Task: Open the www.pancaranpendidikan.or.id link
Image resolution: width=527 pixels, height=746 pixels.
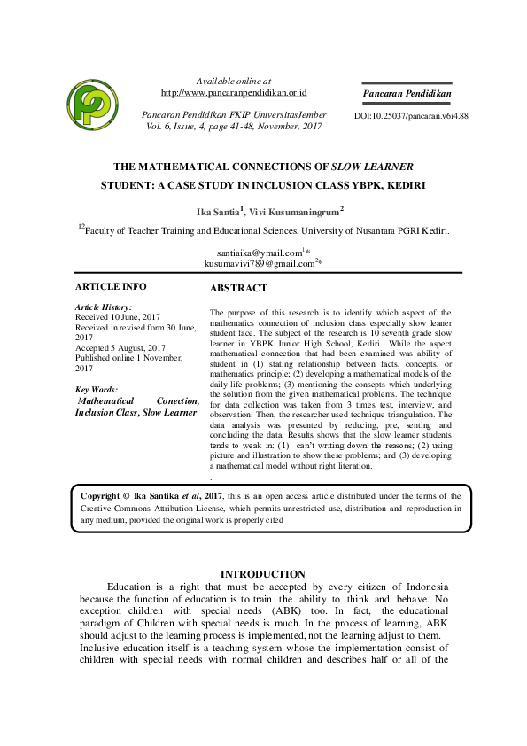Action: pos(234,92)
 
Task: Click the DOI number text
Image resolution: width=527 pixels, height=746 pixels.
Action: pos(411,116)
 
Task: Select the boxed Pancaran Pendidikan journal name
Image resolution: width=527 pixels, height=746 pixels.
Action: pos(407,93)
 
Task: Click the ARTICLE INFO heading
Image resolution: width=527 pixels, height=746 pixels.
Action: pos(111,286)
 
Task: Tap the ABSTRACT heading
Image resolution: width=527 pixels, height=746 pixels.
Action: pos(238,289)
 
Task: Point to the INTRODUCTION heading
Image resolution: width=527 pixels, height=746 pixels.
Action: pos(262,574)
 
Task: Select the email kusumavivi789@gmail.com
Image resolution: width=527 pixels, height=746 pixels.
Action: pos(260,263)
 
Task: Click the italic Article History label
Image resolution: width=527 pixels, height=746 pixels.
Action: pos(104,307)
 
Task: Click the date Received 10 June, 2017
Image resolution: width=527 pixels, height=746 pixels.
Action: pos(118,316)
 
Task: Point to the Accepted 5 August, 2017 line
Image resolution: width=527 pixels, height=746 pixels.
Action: pos(120,348)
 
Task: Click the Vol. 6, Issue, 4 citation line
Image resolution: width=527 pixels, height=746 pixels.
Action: pos(233,127)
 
